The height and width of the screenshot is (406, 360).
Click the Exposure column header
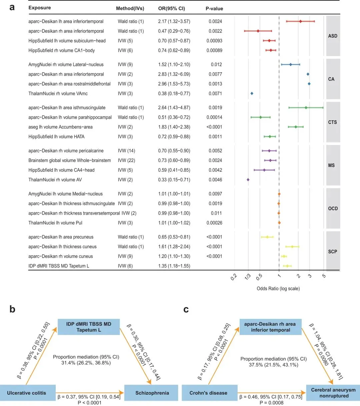40,8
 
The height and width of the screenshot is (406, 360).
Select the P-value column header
214,8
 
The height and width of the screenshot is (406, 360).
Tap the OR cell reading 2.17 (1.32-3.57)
174,21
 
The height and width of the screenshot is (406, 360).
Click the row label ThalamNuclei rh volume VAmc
58,93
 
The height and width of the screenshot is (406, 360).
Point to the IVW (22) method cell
126,160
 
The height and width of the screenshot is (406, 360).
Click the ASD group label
333,36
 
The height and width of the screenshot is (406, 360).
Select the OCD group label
333,208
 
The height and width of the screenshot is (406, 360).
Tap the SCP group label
333,252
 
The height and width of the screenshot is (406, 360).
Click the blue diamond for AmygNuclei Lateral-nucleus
290,64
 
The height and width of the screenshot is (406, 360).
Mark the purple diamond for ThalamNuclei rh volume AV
248,180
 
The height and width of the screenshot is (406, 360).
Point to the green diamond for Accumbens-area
296,127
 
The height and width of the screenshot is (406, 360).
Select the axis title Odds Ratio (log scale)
278,288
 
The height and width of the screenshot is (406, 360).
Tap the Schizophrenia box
152,393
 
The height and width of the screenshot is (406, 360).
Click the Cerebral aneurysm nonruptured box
333,393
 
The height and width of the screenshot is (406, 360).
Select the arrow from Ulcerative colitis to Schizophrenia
90,393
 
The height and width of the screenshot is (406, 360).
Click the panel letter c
186,310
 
